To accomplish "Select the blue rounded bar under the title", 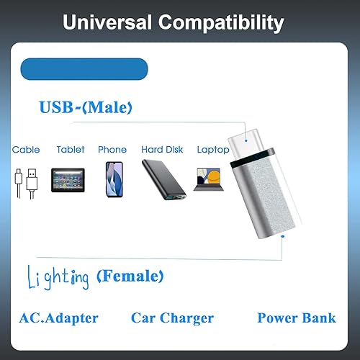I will pos(84,68).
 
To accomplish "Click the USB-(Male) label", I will pos(85,108).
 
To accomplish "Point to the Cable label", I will pos(24,150).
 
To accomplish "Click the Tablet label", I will pos(71,150).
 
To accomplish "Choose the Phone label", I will pos(112,150).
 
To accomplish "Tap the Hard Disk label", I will pos(163,150).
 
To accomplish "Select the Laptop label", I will pos(212,150).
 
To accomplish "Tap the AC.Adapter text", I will pos(60,318).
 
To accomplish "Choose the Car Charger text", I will pos(172,318).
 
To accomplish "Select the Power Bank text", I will pos(297,318).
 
